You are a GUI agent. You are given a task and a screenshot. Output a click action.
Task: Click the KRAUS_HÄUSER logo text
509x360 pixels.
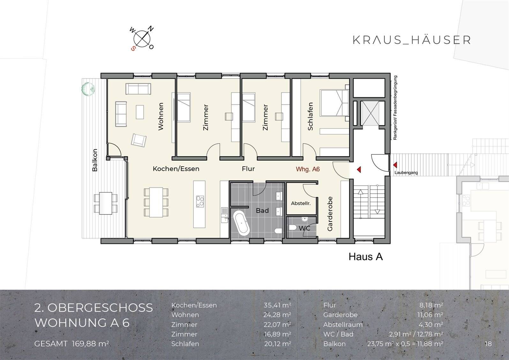click(x=411, y=40)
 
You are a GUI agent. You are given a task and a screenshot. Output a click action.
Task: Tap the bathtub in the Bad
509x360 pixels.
click(x=241, y=223)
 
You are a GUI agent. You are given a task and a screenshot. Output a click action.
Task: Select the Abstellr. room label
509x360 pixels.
click(x=301, y=203)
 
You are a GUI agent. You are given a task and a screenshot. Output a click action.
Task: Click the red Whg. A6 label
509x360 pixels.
click(x=308, y=169)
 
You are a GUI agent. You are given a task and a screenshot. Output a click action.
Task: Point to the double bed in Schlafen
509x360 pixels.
click(x=334, y=103)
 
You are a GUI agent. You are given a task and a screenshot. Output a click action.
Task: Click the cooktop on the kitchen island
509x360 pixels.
click(x=200, y=201)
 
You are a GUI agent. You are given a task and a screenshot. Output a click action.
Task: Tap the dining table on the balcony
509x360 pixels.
click(x=106, y=203)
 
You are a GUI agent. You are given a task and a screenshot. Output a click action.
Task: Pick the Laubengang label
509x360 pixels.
click(x=406, y=173)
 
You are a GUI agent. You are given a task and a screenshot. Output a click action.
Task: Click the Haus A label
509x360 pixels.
click(x=365, y=257)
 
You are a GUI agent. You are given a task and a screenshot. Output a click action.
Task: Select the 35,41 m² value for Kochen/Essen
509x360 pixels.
click(x=277, y=305)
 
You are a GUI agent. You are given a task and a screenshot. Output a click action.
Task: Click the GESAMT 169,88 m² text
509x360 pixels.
click(x=72, y=344)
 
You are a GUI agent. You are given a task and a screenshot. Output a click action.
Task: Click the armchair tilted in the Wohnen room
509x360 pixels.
click(x=139, y=140)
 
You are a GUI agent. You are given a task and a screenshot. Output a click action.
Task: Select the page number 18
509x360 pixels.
click(x=488, y=344)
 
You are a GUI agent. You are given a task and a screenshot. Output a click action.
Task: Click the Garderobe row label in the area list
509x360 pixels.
click(x=340, y=315)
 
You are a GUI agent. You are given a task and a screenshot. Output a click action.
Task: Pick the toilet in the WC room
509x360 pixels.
click(x=293, y=228)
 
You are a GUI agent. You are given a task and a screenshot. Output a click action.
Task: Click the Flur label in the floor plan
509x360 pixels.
click(x=248, y=169)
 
